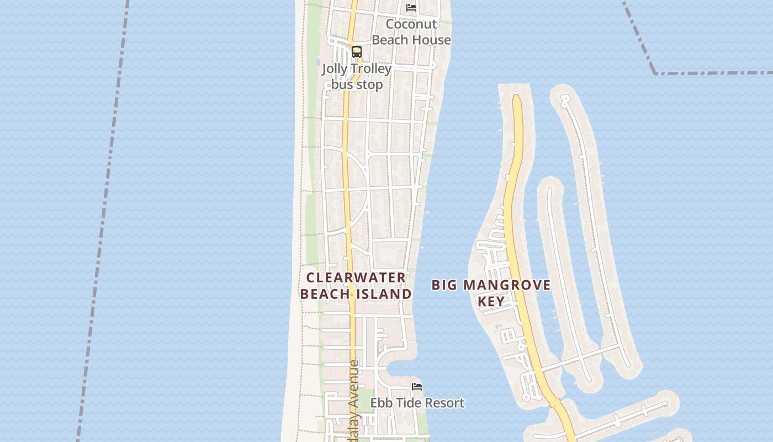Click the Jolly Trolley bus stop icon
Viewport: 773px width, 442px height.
pyautogui.click(x=357, y=52)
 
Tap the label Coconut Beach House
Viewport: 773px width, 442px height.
pyautogui.click(x=411, y=32)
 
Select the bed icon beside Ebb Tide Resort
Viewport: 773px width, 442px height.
pyautogui.click(x=417, y=387)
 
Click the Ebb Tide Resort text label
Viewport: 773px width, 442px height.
pyautogui.click(x=417, y=403)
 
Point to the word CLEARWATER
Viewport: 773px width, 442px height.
pyautogui.click(x=356, y=277)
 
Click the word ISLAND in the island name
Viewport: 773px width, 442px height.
pyautogui.click(x=384, y=294)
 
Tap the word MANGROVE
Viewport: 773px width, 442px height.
pyautogui.click(x=507, y=285)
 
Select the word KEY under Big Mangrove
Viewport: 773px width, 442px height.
pyautogui.click(x=491, y=301)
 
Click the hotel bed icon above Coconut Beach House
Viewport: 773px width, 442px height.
pyautogui.click(x=411, y=8)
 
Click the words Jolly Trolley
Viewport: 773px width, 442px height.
pyautogui.click(x=357, y=69)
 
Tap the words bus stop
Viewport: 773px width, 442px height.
pyautogui.click(x=357, y=85)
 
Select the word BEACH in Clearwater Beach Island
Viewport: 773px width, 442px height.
pyautogui.click(x=325, y=294)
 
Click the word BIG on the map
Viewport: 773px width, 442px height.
pyautogui.click(x=444, y=285)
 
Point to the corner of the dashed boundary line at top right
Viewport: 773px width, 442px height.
pyautogui.click(x=655, y=73)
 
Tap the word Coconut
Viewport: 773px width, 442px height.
pyautogui.click(x=411, y=24)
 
